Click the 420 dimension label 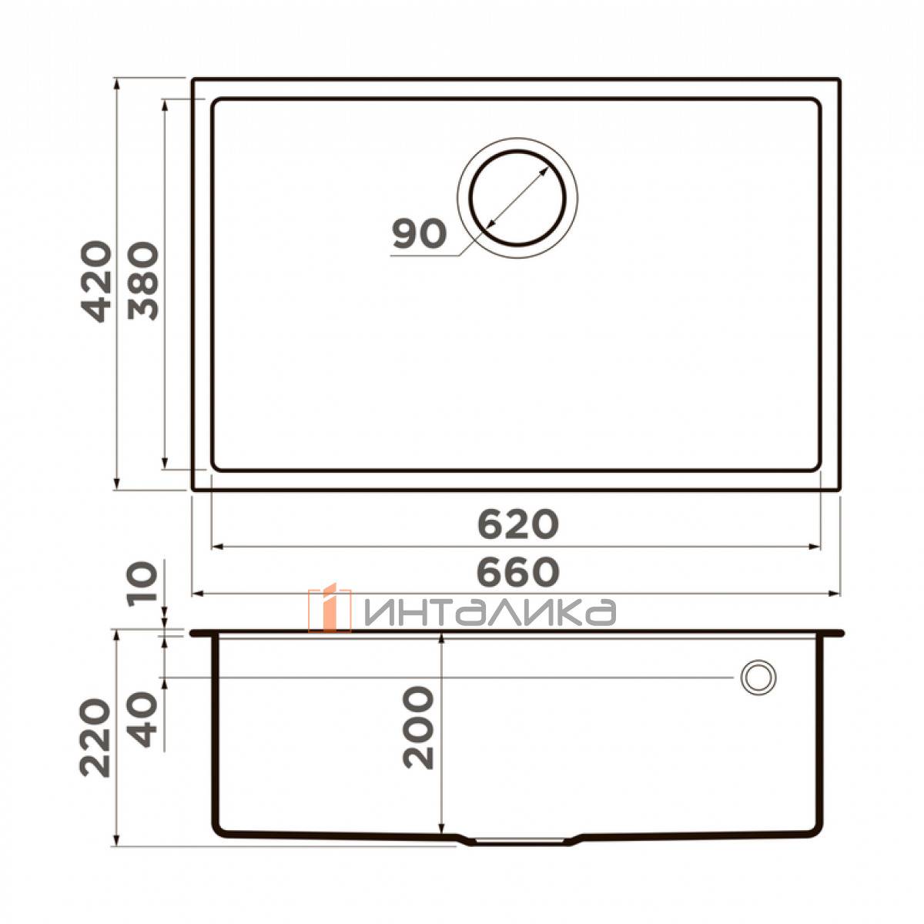click(x=96, y=281)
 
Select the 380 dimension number click(x=143, y=281)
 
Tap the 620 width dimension click(x=518, y=524)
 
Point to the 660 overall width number click(x=518, y=572)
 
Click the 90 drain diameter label click(x=419, y=234)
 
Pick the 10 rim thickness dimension click(x=143, y=582)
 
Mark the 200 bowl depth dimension click(x=418, y=728)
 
